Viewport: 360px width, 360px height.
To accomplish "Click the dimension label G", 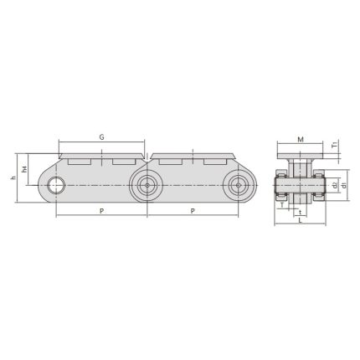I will tap(101, 136).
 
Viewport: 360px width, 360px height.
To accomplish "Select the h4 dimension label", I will tap(26, 169).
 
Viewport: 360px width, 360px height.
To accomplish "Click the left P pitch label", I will tap(101, 212).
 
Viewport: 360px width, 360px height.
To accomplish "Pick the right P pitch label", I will tap(193, 212).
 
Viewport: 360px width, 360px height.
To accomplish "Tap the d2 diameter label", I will tap(333, 183).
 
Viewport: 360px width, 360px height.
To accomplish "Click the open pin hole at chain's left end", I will tap(57, 184).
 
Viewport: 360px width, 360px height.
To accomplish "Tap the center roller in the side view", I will tap(147, 184).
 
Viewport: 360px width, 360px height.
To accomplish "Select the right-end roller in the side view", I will tap(239, 184).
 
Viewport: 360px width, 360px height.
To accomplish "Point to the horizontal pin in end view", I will tap(301, 184).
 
